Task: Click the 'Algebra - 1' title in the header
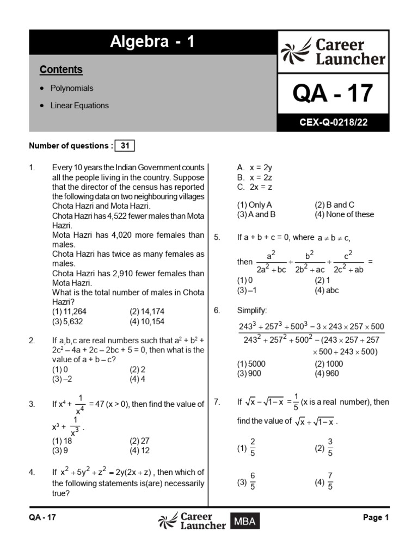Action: pos(152,42)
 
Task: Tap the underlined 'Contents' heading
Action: pos(61,70)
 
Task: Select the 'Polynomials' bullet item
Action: pos(72,88)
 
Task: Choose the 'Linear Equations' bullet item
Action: pos(79,106)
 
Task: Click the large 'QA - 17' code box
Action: pos(333,94)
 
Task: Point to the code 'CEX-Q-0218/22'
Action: pos(333,123)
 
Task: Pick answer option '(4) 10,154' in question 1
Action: pos(146,321)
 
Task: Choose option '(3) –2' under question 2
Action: pos(63,379)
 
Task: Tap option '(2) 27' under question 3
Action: pos(139,441)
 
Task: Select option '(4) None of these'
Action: pos(344,214)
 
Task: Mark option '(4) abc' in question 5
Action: pos(327,290)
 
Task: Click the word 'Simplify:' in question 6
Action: pos(252,310)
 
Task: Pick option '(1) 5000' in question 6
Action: pos(249,363)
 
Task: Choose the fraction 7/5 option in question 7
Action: pos(324,481)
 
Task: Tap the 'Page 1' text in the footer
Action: pos(376,518)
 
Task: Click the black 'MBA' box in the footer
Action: pos(244,522)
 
